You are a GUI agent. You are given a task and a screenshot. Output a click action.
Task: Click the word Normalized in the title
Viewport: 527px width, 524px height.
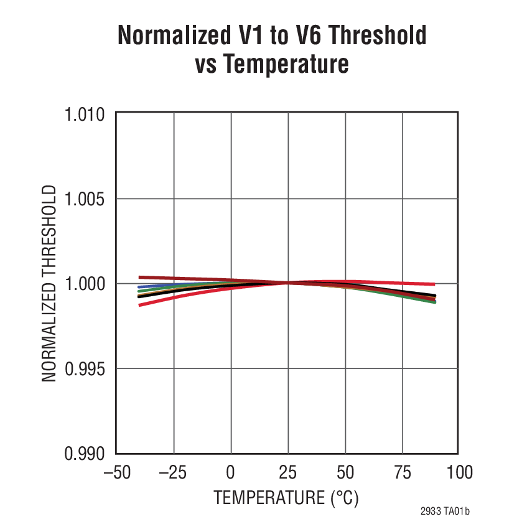pos(175,36)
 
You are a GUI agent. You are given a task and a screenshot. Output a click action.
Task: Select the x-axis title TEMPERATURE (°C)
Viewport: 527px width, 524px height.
pos(287,498)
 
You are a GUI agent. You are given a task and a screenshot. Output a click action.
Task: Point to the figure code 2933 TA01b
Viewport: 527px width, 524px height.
pos(444,512)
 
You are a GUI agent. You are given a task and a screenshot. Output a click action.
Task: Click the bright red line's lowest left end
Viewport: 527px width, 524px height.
pos(139,305)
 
